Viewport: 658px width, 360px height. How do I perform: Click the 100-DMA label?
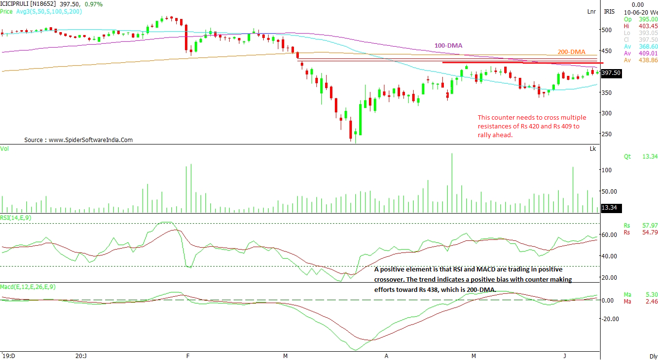point(448,46)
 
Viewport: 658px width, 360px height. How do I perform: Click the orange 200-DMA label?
point(571,52)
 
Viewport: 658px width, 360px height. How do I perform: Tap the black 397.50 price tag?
point(611,73)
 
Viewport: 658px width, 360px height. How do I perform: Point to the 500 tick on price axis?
point(606,30)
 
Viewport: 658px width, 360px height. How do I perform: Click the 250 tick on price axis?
point(606,134)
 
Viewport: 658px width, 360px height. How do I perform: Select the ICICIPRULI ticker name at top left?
point(18,3)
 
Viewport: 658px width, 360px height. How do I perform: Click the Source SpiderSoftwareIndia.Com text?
point(78,140)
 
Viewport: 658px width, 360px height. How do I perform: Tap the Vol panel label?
point(5,148)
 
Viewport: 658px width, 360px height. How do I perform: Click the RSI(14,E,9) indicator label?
point(16,217)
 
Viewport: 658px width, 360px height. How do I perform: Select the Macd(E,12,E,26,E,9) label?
point(28,287)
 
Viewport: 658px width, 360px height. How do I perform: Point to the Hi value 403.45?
point(648,26)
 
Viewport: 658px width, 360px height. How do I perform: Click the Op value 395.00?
point(648,19)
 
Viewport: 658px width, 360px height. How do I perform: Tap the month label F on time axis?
point(188,356)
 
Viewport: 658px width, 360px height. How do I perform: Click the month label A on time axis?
point(386,356)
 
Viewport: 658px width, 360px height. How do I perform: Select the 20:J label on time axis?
point(81,356)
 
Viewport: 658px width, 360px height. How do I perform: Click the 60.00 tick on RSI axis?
point(609,235)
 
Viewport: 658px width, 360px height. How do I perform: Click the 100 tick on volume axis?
point(606,170)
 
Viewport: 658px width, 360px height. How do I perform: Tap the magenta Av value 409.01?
point(648,54)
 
